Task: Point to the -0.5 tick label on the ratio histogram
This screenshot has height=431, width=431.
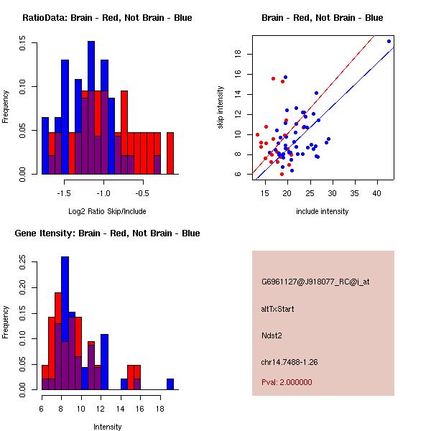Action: coord(143,193)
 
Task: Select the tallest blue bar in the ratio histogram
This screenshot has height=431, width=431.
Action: coord(91,108)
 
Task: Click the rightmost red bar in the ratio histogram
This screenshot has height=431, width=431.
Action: coord(170,152)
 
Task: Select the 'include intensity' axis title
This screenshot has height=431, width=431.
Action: coord(323,211)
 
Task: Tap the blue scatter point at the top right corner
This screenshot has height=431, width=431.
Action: coord(389,41)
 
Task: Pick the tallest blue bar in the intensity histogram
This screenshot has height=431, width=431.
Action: coord(65,323)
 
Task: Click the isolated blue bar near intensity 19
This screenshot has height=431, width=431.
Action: coord(170,384)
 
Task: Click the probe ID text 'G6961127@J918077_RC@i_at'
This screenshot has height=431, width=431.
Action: coord(315,282)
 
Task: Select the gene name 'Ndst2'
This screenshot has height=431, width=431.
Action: coord(272,335)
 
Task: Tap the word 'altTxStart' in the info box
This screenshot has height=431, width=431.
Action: coord(278,309)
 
